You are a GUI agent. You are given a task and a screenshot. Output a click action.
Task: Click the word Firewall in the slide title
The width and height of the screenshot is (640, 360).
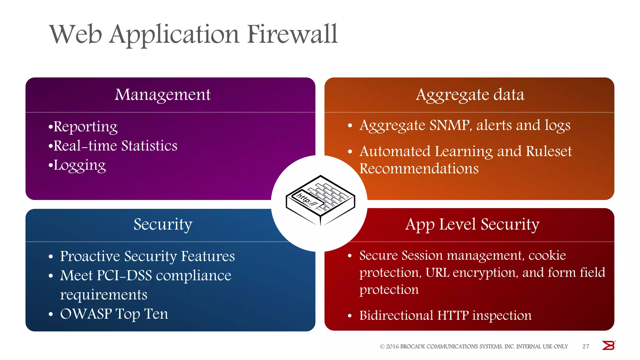pyautogui.click(x=292, y=34)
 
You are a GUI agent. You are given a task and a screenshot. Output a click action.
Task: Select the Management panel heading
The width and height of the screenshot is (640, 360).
pyautogui.click(x=162, y=95)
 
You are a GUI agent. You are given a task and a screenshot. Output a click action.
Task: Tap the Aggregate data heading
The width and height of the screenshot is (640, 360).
pyautogui.click(x=470, y=95)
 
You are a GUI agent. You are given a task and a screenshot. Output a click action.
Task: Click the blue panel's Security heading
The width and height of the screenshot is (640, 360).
pyautogui.click(x=163, y=224)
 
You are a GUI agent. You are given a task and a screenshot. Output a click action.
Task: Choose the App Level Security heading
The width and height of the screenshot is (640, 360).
pyautogui.click(x=472, y=224)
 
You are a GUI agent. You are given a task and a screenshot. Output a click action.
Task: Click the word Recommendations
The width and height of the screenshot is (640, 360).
pyautogui.click(x=419, y=168)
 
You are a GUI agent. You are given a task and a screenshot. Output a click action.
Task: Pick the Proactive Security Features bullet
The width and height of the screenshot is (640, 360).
pyautogui.click(x=147, y=256)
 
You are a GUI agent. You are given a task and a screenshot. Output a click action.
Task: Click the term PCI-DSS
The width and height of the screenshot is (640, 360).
pyautogui.click(x=124, y=276)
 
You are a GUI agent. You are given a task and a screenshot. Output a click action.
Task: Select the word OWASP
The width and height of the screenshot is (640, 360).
pyautogui.click(x=86, y=314)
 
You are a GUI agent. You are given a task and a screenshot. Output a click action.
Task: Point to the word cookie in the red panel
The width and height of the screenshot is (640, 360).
pyautogui.click(x=547, y=256)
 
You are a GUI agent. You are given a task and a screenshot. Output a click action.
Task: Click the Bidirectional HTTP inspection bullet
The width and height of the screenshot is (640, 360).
pyautogui.click(x=445, y=316)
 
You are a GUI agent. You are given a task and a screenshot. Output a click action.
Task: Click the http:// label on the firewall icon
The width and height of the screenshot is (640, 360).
pyautogui.click(x=307, y=200)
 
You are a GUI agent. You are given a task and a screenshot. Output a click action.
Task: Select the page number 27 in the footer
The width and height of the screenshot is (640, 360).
pyautogui.click(x=586, y=347)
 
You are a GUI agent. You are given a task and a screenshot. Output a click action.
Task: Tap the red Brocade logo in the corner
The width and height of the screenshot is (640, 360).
pyautogui.click(x=608, y=346)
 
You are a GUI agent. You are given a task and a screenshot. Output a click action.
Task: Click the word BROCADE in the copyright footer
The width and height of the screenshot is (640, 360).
pyautogui.click(x=412, y=347)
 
